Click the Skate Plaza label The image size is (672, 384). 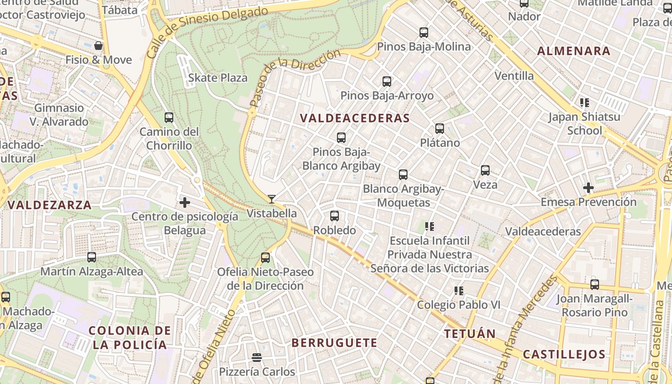pyautogui.click(x=218, y=78)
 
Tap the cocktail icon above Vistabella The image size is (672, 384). pyautogui.click(x=272, y=199)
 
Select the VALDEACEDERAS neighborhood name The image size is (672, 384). pyautogui.click(x=355, y=118)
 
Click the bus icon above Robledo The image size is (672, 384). pyautogui.click(x=335, y=216)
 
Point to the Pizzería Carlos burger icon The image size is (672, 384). pyautogui.click(x=257, y=358)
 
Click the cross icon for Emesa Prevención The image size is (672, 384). pyautogui.click(x=588, y=188)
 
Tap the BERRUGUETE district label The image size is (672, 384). pyautogui.click(x=335, y=343)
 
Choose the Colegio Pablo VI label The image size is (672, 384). pyautogui.click(x=458, y=305)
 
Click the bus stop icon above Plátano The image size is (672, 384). pyautogui.click(x=440, y=129)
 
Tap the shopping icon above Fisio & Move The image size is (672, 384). pyautogui.click(x=98, y=46)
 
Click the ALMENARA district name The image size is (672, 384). pyautogui.click(x=574, y=51)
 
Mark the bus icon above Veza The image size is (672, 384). pyautogui.click(x=485, y=170)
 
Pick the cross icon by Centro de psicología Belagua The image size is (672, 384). pyautogui.click(x=185, y=203)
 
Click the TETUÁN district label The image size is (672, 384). pyautogui.click(x=470, y=334)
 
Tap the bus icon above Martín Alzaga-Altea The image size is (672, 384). pyautogui.click(x=92, y=257)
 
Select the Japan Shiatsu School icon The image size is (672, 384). pyautogui.click(x=585, y=103)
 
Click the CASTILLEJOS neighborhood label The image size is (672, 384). pyautogui.click(x=564, y=355)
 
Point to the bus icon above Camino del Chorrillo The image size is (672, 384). pyautogui.click(x=169, y=118)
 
